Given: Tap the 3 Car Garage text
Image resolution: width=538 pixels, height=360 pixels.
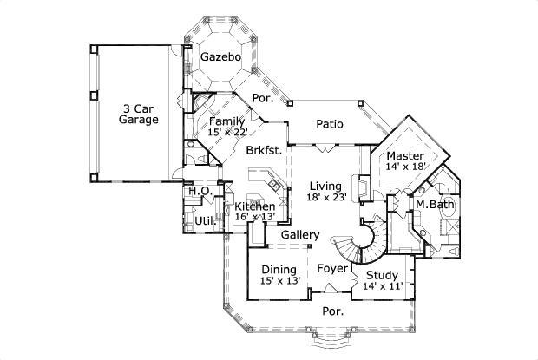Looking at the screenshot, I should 139,114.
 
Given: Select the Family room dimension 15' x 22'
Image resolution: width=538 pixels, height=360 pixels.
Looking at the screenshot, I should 228,133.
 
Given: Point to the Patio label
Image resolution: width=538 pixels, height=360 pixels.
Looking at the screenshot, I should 329,124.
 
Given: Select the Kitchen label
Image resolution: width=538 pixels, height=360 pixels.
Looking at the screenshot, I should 256,206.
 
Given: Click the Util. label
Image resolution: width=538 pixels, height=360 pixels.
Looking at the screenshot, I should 205,221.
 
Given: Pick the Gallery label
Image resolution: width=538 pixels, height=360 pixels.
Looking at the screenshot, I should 300,235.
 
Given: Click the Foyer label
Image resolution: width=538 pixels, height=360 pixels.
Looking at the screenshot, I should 331,269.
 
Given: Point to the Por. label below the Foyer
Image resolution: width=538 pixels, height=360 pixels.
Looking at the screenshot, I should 333,310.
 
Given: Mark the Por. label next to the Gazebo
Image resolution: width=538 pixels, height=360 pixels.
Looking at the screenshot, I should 261,99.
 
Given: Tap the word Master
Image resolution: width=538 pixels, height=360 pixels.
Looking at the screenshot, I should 405,156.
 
